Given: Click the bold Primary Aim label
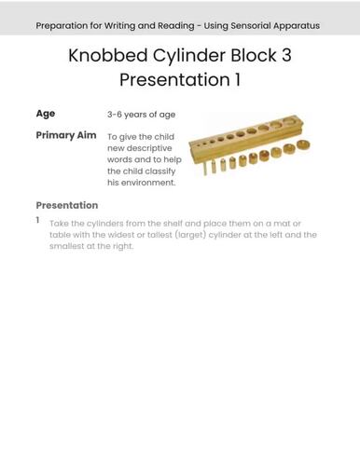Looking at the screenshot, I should click(x=65, y=135).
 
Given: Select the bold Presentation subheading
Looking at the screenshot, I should click(x=66, y=205).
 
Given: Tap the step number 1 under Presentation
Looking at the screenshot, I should click(x=38, y=221).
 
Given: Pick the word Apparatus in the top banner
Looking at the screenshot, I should click(x=298, y=25).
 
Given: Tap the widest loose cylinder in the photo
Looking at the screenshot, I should click(x=303, y=147).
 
